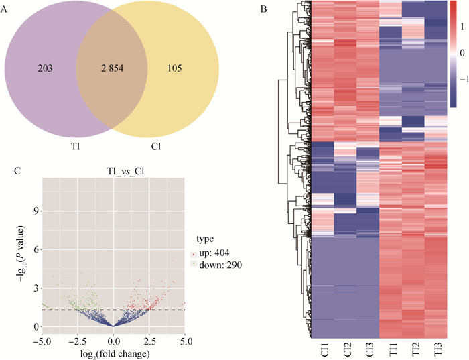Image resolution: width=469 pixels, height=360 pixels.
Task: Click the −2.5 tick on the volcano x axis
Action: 76,342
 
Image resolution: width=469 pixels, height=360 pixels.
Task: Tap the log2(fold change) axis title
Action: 111,353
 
